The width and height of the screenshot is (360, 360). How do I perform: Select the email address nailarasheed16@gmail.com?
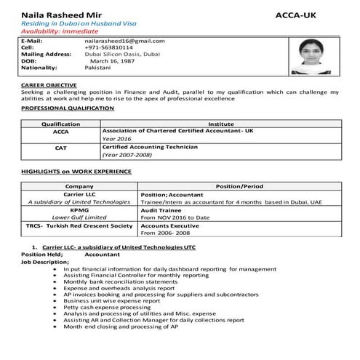pyautogui.click(x=124, y=41)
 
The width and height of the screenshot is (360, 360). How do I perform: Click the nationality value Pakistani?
pyautogui.click(x=99, y=67)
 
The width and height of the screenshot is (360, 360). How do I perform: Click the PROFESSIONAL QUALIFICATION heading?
pyautogui.click(x=68, y=108)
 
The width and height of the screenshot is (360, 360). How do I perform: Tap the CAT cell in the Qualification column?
pyautogui.click(x=61, y=148)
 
